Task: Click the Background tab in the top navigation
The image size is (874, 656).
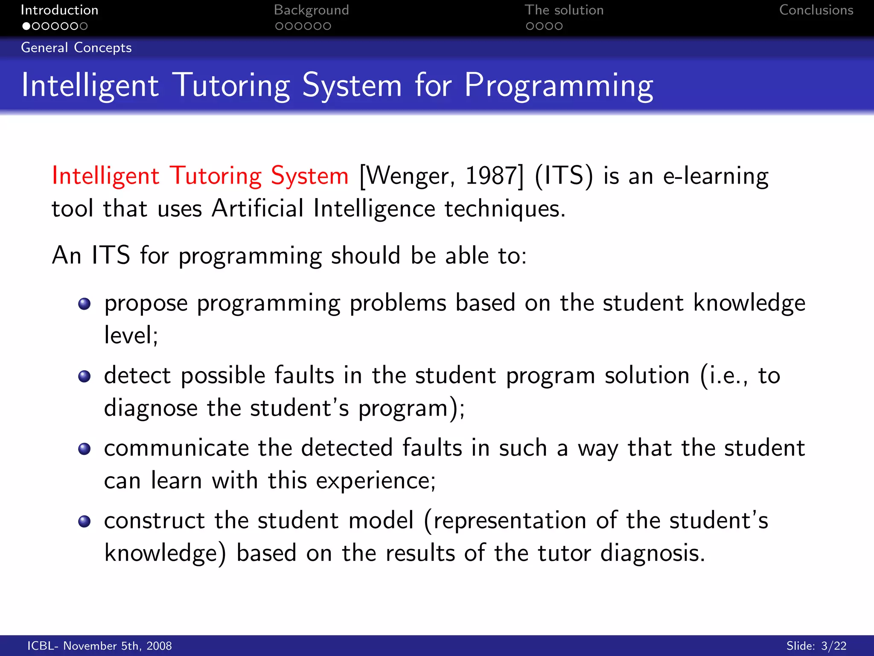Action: tap(311, 10)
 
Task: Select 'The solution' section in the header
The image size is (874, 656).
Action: tap(564, 10)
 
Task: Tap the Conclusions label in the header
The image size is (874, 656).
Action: tap(816, 10)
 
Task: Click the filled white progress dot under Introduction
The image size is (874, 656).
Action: tap(26, 26)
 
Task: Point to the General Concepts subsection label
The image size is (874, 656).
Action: tap(76, 47)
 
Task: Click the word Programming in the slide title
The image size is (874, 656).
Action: tap(558, 86)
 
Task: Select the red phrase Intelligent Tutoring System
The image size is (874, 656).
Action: tap(200, 176)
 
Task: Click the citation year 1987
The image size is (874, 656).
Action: tap(492, 176)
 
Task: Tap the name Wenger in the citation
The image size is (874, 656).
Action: tap(408, 176)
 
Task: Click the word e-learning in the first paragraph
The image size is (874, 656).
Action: tap(716, 176)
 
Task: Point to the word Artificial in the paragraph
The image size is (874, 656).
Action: tap(257, 208)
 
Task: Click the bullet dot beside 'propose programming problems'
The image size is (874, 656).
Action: tap(84, 304)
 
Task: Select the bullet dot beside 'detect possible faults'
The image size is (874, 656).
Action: tap(84, 376)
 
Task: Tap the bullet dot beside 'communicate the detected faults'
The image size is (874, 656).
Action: tap(84, 449)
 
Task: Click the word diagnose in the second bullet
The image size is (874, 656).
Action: tap(151, 408)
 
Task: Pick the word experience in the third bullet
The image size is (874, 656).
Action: tap(376, 481)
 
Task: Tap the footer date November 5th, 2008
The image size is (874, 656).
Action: tap(117, 646)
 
